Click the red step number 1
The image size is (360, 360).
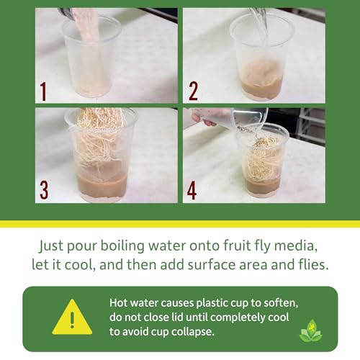click(x=43, y=91)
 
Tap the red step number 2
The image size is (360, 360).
click(x=193, y=91)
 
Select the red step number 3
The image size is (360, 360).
click(x=44, y=190)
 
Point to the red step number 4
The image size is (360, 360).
click(x=192, y=191)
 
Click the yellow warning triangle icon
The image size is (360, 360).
click(x=72, y=318)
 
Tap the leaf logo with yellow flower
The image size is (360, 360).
click(x=311, y=330)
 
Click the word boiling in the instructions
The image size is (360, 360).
click(x=122, y=246)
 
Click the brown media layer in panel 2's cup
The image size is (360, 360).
click(x=261, y=89)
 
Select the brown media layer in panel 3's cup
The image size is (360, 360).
click(x=102, y=186)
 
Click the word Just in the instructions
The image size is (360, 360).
click(x=51, y=246)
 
